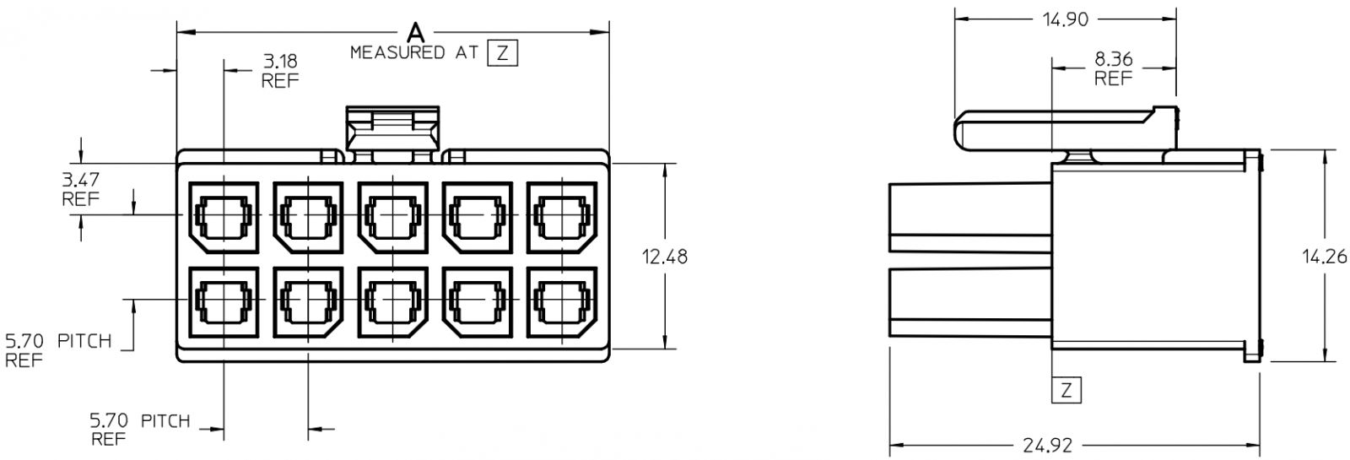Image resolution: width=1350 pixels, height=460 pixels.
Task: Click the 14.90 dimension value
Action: (x=1066, y=20)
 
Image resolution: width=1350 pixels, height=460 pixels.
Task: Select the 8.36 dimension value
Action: (x=1113, y=59)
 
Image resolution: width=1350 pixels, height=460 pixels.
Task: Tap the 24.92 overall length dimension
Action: (x=1047, y=446)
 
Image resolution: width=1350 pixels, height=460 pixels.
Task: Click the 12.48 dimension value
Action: (x=664, y=257)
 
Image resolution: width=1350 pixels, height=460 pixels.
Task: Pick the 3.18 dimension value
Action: (x=280, y=61)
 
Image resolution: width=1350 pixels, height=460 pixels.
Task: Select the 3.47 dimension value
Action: (x=81, y=180)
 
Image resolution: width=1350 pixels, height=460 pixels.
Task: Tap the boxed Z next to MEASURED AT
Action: (x=503, y=53)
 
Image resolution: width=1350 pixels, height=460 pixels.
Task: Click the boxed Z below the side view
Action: (x=1066, y=390)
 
